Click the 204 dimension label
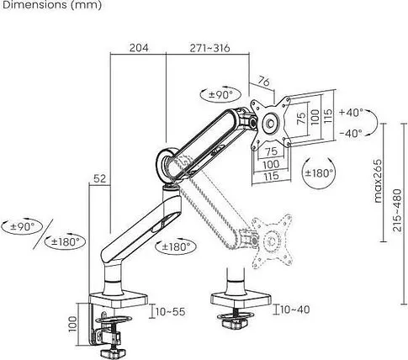(139, 48)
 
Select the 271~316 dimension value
(209, 48)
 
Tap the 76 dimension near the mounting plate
(263, 82)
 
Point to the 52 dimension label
(100, 178)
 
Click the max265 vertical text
(378, 181)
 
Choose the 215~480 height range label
(397, 210)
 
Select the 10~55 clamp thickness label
(171, 311)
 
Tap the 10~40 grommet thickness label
(295, 310)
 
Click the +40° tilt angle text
(351, 113)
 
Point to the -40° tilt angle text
(351, 133)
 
